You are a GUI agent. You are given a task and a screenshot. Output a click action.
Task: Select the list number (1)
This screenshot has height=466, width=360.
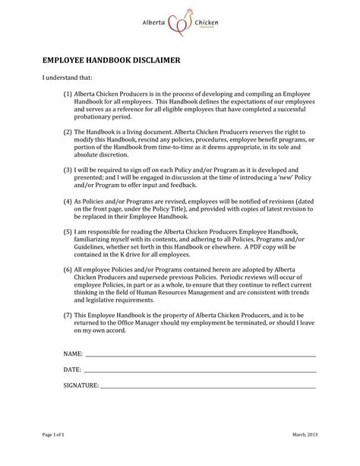point(68,95)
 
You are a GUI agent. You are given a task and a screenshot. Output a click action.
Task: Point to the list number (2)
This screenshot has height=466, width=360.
point(68,132)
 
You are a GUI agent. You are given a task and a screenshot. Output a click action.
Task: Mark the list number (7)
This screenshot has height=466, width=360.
point(68,315)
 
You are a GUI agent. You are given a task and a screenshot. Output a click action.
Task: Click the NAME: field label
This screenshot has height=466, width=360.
point(52,354)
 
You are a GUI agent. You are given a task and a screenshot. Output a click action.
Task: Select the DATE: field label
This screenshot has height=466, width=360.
point(52,369)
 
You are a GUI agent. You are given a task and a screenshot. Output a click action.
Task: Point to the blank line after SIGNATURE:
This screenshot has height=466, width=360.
point(209,388)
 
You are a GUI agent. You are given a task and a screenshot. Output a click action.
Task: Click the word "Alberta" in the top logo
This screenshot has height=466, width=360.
point(156,24)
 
